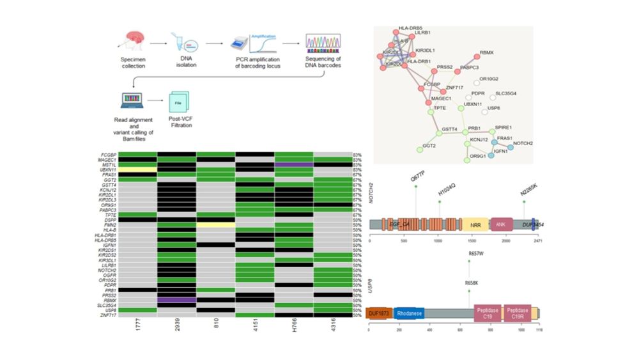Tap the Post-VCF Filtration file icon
pyautogui.click(x=180, y=102)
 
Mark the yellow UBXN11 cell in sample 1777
pyautogui.click(x=139, y=168)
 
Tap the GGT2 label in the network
pyautogui.click(x=429, y=146)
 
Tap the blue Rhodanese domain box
pyautogui.click(x=408, y=314)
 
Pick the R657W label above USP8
pyautogui.click(x=475, y=254)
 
